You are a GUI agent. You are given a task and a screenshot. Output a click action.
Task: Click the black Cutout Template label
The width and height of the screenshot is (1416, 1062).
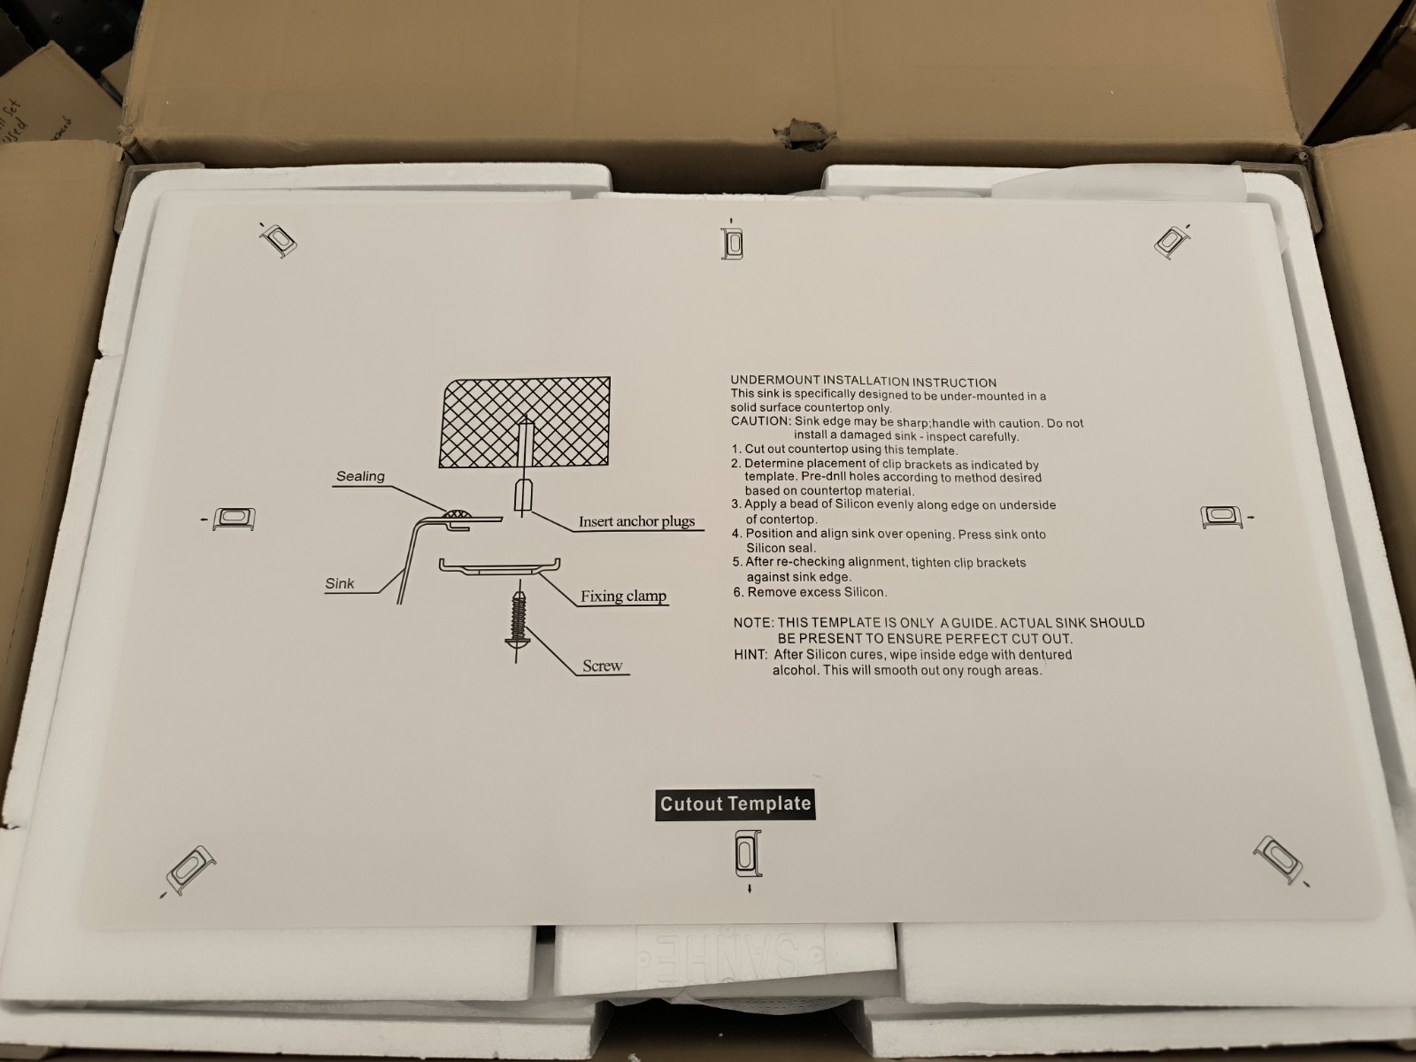click(735, 804)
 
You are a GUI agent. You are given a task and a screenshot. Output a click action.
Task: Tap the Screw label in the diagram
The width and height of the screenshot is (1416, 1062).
click(602, 666)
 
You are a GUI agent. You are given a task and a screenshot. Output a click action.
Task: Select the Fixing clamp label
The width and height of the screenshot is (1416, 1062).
click(623, 596)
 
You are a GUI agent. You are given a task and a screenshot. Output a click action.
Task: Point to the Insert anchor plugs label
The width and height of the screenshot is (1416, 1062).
click(636, 521)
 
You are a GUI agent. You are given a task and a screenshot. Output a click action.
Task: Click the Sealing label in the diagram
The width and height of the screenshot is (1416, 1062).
click(360, 476)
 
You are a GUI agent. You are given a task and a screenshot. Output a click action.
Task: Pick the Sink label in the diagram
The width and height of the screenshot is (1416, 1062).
click(339, 583)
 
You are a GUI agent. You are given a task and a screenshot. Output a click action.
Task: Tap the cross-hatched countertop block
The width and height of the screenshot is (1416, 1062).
click(525, 422)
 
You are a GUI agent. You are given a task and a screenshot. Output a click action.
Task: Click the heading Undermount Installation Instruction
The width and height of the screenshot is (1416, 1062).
click(863, 382)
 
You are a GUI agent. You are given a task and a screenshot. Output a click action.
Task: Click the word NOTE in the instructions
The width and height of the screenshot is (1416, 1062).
click(753, 623)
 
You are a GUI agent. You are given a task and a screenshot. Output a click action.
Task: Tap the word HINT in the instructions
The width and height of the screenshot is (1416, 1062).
click(750, 655)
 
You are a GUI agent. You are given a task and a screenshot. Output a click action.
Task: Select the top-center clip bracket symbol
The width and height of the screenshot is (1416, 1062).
click(732, 243)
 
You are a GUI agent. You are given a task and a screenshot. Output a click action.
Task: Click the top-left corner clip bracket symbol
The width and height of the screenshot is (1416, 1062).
click(278, 240)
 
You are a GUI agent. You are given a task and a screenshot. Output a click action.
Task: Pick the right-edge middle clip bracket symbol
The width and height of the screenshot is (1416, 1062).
click(1222, 517)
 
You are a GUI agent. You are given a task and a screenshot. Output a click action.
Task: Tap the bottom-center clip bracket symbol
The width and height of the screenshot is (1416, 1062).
click(748, 855)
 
